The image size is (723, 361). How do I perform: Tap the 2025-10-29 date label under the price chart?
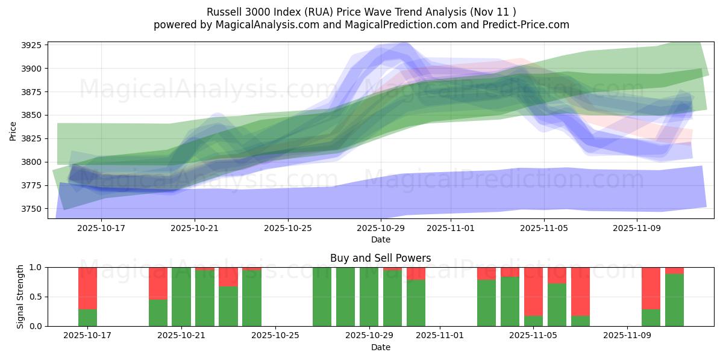click(x=381, y=229)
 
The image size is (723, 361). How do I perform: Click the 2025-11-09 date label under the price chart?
click(x=637, y=229)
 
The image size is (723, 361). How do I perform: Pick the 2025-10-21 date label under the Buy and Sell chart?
click(x=181, y=336)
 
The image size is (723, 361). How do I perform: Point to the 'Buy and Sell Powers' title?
click(x=380, y=258)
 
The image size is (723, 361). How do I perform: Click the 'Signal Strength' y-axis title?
click(x=20, y=297)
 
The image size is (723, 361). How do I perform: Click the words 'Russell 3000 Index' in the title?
click(x=248, y=12)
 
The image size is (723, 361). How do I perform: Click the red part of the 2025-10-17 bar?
click(x=88, y=288)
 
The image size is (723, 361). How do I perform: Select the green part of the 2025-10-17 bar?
click(x=88, y=318)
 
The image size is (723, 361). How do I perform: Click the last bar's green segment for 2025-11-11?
click(x=674, y=300)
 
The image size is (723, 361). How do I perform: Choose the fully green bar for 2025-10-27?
click(x=322, y=297)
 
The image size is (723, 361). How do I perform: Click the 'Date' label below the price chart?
click(x=380, y=239)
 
